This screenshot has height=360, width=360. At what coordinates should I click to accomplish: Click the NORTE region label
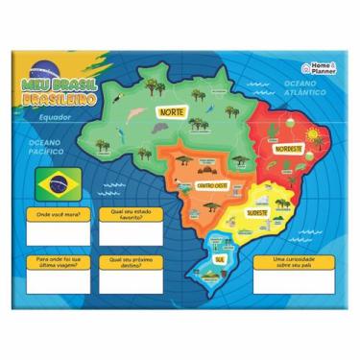coord(173,110)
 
